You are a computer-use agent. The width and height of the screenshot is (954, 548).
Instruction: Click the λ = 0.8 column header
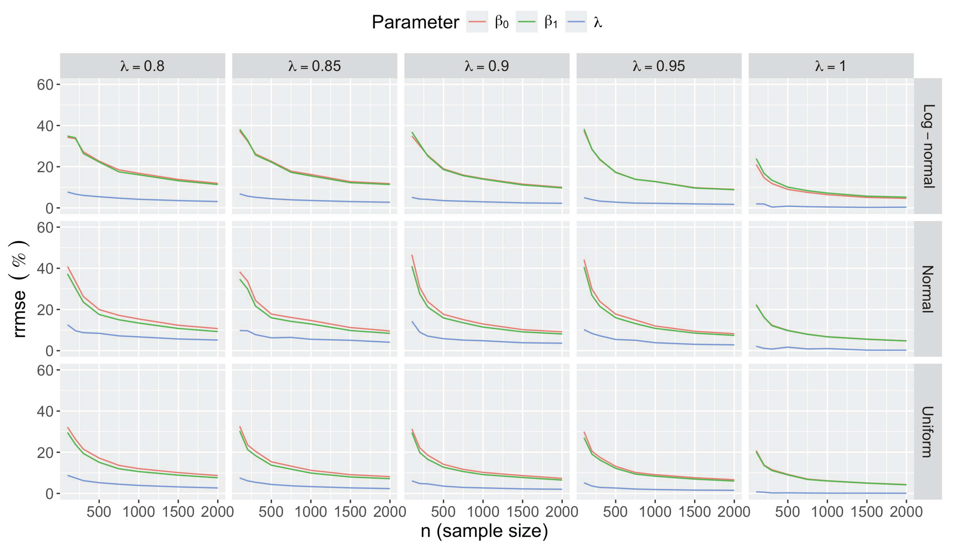[x=142, y=66]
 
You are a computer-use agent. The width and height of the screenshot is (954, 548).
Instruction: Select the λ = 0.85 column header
[x=315, y=66]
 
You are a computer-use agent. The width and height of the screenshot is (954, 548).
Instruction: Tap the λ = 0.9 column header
[x=486, y=66]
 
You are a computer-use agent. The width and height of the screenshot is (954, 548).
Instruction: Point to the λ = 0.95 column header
[x=659, y=66]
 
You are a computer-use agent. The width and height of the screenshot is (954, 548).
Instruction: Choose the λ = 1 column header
[x=831, y=66]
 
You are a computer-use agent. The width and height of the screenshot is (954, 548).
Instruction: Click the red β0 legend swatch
[x=477, y=22]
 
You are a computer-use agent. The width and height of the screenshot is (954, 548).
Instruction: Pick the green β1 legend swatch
[x=526, y=22]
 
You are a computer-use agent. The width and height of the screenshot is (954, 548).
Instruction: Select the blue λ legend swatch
[x=576, y=22]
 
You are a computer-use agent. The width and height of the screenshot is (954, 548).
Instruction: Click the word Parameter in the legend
[x=415, y=22]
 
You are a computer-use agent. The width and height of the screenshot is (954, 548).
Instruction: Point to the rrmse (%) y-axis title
[x=19, y=289]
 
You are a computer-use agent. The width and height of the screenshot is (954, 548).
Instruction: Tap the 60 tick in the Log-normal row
[x=45, y=85]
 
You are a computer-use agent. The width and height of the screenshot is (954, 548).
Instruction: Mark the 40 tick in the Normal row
[x=45, y=269]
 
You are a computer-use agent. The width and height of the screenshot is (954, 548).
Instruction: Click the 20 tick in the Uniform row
[x=45, y=453]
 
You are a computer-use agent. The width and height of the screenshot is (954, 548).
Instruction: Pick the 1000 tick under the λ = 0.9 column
[x=483, y=512]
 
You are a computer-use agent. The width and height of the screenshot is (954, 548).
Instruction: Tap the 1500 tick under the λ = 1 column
[x=867, y=512]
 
